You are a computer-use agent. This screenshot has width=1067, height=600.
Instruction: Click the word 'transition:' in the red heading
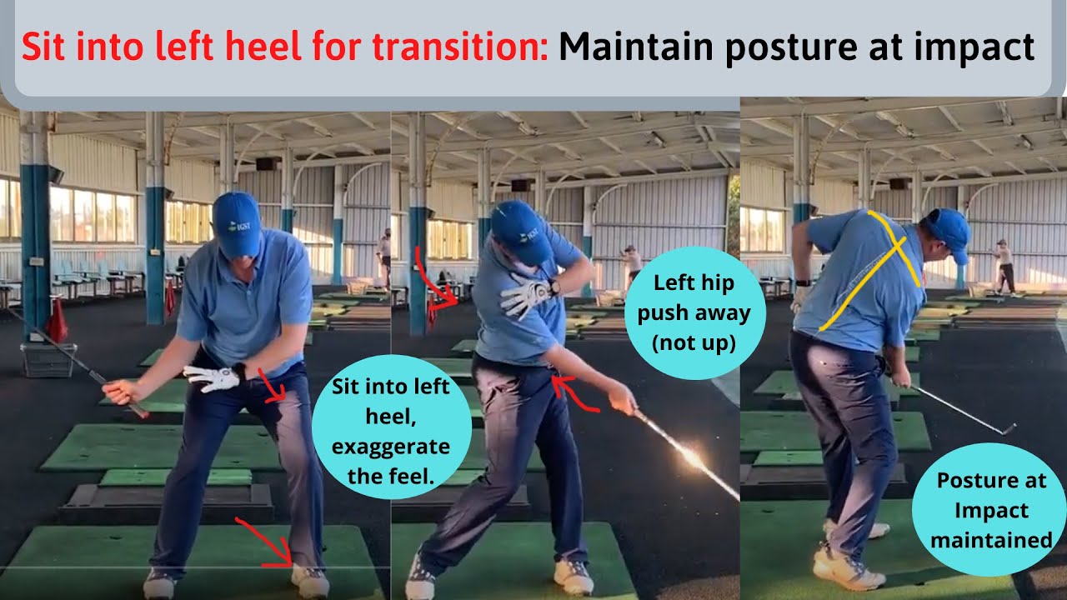pos(460,46)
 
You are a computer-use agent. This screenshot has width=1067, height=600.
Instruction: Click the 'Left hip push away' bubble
pos(694,312)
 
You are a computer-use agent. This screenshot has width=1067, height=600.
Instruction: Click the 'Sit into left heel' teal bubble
pos(391,427)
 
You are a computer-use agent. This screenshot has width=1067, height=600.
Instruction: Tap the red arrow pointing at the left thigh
pos(272,386)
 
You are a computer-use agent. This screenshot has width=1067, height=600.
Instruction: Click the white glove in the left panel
pos(213,377)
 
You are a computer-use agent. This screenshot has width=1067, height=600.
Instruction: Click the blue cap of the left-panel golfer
pos(237,224)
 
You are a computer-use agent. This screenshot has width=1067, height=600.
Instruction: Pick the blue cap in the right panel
pos(950,234)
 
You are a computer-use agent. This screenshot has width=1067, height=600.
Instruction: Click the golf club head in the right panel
pos(1008,430)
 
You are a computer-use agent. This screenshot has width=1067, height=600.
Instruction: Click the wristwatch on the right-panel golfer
pos(803,283)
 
